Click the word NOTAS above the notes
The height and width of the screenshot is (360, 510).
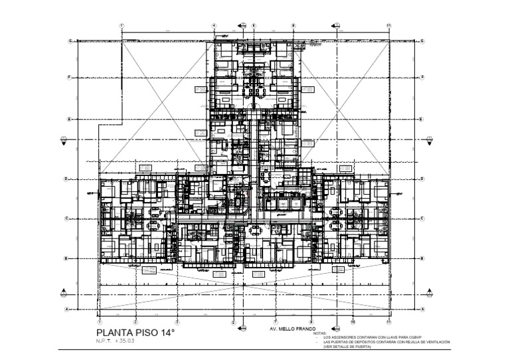click(x=321, y=333)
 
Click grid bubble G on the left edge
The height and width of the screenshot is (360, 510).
click(x=68, y=41)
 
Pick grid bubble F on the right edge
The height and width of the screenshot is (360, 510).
click(x=423, y=77)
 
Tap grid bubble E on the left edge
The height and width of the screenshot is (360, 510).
click(x=68, y=120)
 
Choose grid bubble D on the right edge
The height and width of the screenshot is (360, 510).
click(x=423, y=179)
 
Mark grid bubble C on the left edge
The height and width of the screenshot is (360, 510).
click(x=68, y=219)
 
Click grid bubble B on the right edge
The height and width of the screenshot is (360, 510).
click(x=423, y=258)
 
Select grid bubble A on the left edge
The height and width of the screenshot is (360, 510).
click(x=68, y=309)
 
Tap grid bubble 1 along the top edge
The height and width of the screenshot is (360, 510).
click(x=122, y=26)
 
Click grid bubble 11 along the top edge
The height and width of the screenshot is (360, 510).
click(x=388, y=26)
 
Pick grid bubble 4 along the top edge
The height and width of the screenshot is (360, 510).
click(x=214, y=26)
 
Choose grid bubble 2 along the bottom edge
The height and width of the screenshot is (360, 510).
click(x=135, y=319)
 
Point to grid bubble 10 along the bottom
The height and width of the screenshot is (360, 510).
click(x=353, y=319)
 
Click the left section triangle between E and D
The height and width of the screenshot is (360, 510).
click(x=64, y=139)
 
